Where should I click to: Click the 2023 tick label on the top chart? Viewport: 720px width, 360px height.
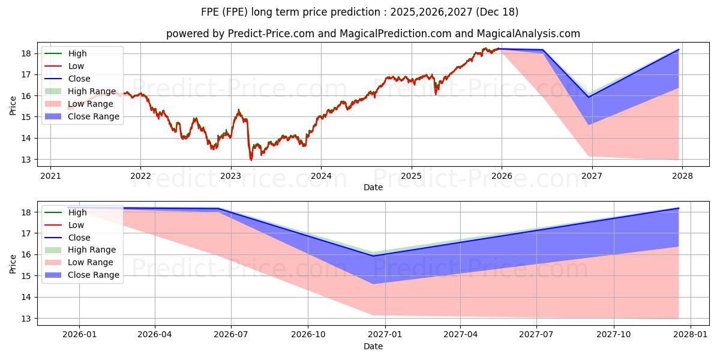[x=231, y=176]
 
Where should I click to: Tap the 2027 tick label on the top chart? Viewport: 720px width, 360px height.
[x=592, y=176]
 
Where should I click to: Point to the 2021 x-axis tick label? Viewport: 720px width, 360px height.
[x=50, y=176]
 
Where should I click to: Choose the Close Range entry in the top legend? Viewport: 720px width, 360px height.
[x=94, y=116]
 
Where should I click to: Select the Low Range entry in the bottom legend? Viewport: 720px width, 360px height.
[x=91, y=262]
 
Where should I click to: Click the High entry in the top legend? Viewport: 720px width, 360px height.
[x=77, y=53]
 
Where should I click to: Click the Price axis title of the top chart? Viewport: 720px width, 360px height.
[x=13, y=106]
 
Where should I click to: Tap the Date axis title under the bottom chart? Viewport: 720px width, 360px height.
[x=373, y=346]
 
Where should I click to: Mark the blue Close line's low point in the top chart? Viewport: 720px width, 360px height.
[x=589, y=97]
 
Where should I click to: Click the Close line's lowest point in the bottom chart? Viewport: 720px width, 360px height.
[x=373, y=256]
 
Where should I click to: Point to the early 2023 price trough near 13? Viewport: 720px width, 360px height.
[x=251, y=160]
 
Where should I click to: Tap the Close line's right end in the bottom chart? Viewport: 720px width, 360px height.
[x=679, y=208]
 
